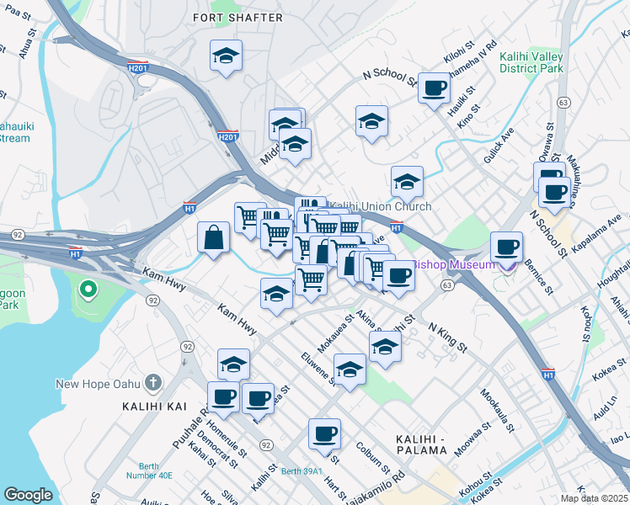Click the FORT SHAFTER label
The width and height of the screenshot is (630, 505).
point(232,17)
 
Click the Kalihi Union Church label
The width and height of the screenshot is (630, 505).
point(380,206)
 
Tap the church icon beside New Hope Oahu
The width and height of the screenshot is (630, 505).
point(152,384)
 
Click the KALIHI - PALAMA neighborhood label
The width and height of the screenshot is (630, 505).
point(421,444)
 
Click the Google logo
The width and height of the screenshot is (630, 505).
point(28,495)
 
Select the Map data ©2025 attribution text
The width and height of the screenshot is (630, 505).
point(595,498)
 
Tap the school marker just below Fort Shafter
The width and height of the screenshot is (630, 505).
point(226,56)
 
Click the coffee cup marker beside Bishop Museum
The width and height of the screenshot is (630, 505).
point(506,247)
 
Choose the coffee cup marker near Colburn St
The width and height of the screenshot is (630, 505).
point(324,434)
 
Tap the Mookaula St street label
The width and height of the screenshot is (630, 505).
point(496,410)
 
